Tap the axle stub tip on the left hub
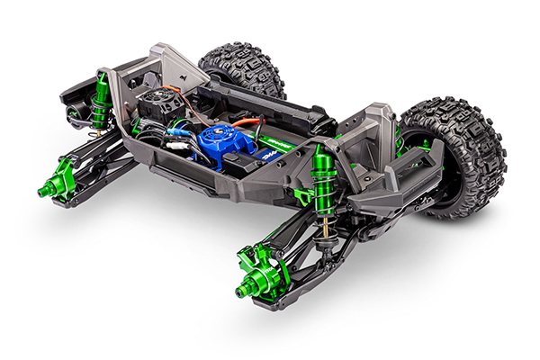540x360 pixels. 41,191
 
